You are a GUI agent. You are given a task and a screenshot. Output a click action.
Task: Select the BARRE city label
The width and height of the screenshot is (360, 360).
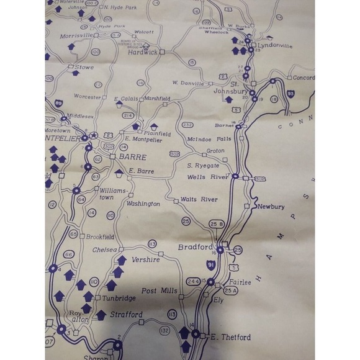pos(132,157)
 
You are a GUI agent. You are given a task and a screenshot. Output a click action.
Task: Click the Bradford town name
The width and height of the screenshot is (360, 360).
pos(195,246)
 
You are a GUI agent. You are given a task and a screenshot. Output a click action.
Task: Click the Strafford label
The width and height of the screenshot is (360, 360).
pos(126,315)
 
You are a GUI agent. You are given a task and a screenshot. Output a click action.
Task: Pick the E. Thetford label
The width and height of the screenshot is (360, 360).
pos(230,337)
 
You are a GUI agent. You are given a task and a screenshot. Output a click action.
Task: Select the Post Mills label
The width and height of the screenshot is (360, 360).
pos(160,290)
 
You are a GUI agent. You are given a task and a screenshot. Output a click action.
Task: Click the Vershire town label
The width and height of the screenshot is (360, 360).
pos(146,260)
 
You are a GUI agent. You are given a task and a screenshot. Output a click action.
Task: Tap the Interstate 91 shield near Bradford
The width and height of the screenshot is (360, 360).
pos(211,266)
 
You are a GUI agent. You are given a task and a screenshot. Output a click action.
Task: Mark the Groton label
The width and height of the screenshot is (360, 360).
pos(215,151)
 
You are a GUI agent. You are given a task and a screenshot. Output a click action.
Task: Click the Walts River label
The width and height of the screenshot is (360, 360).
pos(199,200)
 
